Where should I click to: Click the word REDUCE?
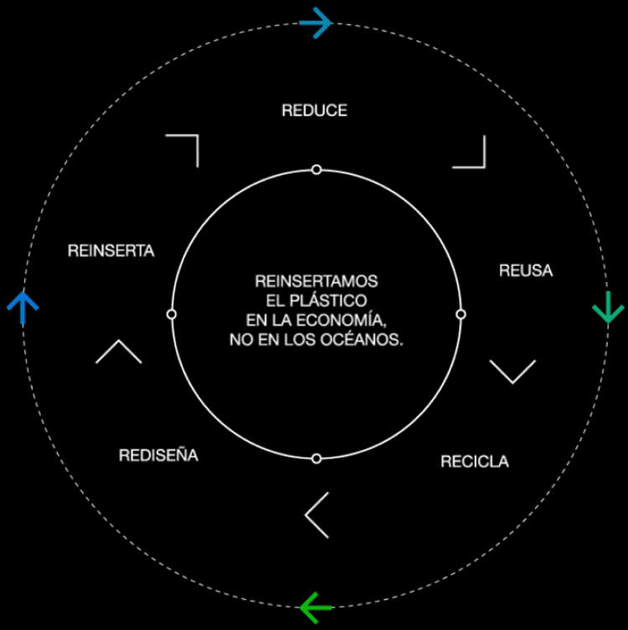coord(314,110)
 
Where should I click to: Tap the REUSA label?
coord(526,270)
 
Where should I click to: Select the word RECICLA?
coord(474,461)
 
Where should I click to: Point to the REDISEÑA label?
coord(158,456)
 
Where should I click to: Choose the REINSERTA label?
coord(111,250)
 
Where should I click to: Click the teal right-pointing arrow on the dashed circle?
coord(316,23)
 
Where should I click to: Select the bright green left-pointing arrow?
coord(316,607)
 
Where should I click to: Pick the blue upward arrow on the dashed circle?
coord(23,308)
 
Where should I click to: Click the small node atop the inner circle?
coord(317,170)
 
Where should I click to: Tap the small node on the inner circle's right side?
coord(461,314)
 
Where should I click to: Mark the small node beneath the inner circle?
coord(317,458)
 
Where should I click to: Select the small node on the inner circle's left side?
coord(172,314)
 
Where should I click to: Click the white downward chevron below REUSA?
coord(512,371)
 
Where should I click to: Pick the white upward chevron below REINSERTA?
coord(119,351)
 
